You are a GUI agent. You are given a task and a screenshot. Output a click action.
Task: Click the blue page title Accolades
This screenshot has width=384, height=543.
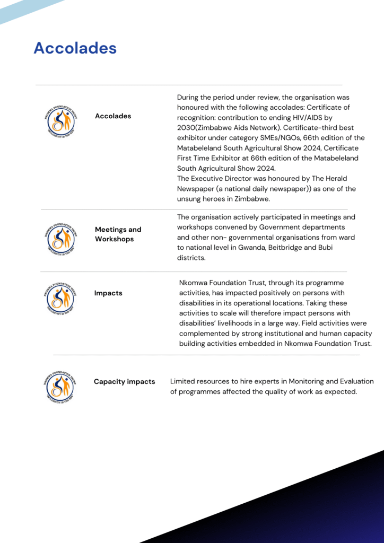75,48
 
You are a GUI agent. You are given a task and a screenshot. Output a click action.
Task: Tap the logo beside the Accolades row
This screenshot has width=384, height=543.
61,121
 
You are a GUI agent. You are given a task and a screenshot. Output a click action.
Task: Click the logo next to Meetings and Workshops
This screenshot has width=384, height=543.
61,238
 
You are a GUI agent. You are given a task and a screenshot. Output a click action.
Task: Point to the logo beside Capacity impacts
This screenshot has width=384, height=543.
60,386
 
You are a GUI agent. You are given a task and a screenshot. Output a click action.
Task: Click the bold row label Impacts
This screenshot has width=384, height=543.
108,293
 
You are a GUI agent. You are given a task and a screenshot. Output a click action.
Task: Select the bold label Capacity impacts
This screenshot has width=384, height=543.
124,381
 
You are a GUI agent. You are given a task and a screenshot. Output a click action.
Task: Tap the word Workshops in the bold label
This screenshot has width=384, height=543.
114,239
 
